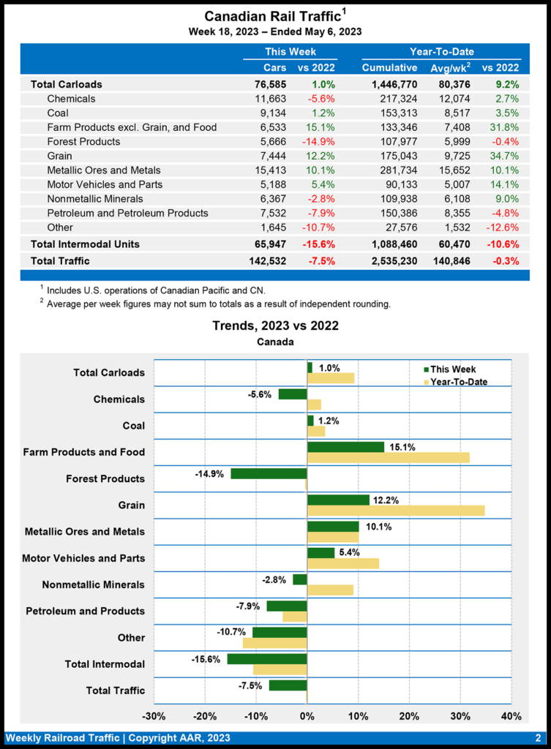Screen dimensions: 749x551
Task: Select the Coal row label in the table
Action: [59, 113]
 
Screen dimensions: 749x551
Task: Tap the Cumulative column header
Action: [389, 68]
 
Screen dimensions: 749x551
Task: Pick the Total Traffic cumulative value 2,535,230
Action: [389, 260]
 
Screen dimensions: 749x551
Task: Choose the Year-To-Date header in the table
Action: [441, 52]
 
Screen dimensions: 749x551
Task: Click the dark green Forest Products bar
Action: [269, 473]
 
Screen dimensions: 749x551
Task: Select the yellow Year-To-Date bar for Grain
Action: [396, 511]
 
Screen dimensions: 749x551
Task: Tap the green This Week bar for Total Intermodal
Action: [267, 659]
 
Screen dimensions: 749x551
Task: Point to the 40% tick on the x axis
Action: [511, 715]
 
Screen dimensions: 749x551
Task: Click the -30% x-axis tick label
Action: [153, 715]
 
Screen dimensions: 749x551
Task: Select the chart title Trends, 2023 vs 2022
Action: [275, 325]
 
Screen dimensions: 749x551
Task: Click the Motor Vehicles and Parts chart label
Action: [83, 558]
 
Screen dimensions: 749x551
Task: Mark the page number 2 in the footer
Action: [538, 738]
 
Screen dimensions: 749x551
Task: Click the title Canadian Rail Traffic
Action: [272, 16]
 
